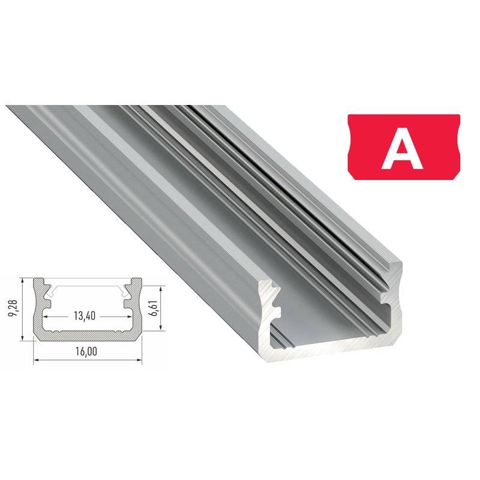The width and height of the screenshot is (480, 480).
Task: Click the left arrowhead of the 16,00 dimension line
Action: [35, 360]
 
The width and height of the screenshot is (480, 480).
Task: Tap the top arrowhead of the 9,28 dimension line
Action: [22, 280]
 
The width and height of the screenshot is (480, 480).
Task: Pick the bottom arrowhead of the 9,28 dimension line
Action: [22, 338]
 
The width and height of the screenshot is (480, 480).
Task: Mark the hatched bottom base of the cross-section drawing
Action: [87, 336]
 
